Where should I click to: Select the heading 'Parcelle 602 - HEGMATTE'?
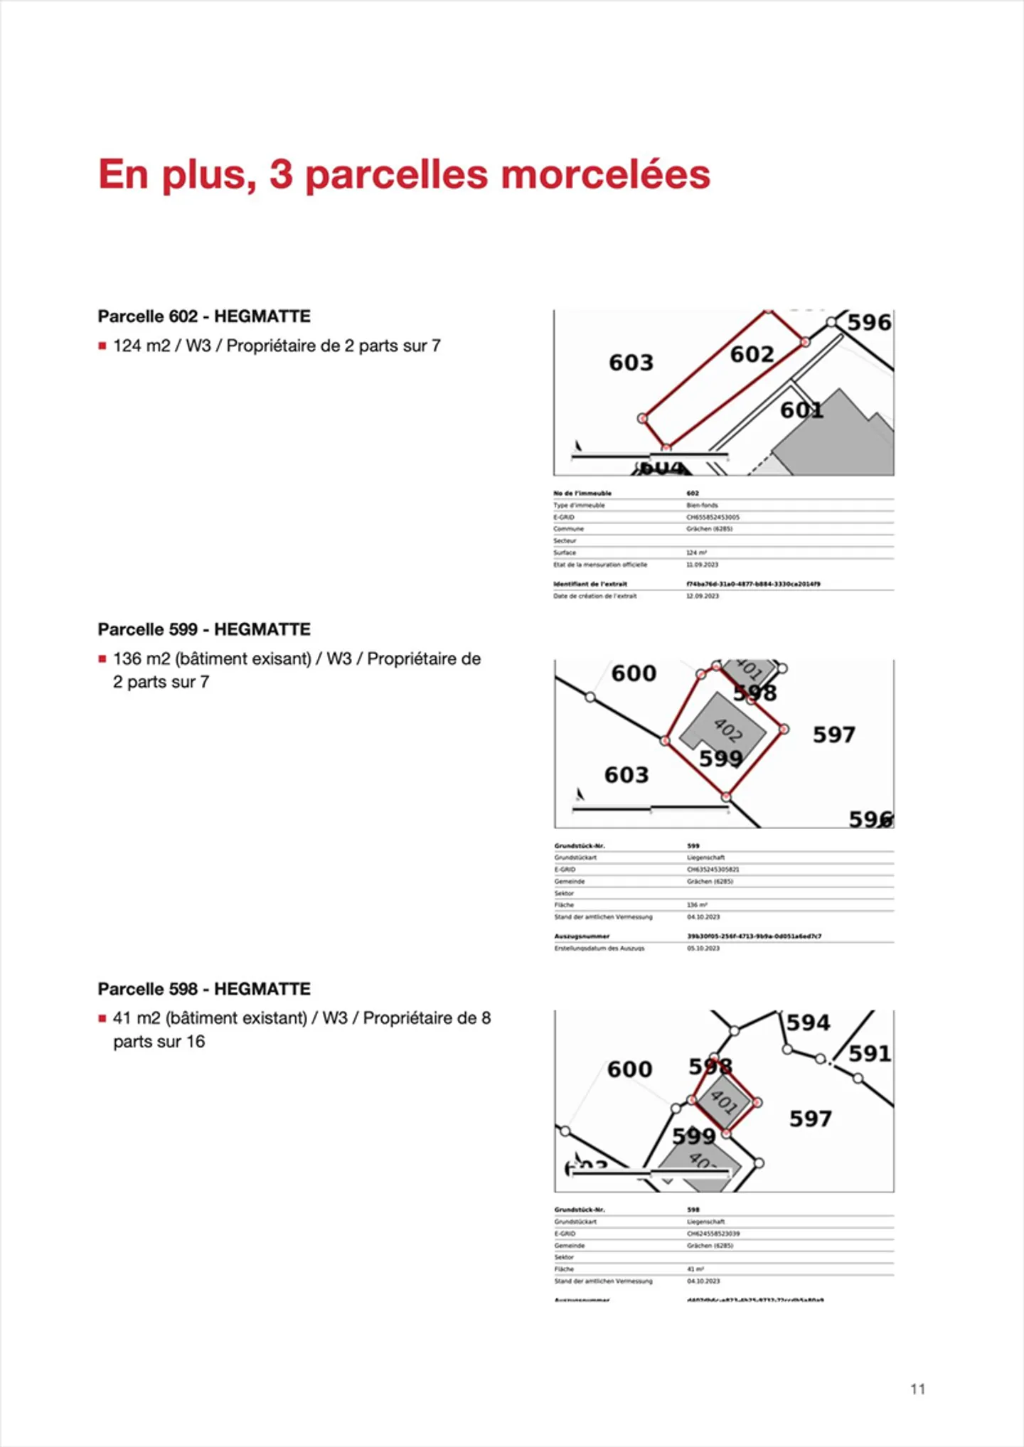pos(204,316)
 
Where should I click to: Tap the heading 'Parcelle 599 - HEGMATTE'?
pos(204,629)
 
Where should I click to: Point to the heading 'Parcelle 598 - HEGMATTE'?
pos(204,989)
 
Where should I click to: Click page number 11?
pos(917,1389)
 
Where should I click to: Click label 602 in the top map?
pos(752,354)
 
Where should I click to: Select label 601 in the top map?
pos(801,410)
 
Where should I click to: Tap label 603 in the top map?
pos(631,363)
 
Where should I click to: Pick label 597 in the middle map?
pos(834,735)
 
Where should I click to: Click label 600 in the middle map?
pos(634,673)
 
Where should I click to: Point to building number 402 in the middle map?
pos(727,730)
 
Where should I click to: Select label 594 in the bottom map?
pos(809,1022)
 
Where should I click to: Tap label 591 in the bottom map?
pos(870,1053)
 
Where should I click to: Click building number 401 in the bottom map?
pos(724,1101)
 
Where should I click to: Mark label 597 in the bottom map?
pos(811,1119)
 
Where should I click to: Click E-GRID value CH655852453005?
pos(713,517)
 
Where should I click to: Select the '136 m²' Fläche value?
pos(697,905)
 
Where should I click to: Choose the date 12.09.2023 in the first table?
pos(702,596)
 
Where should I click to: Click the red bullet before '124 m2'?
pos(102,346)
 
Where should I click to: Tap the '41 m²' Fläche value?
pos(695,1269)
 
